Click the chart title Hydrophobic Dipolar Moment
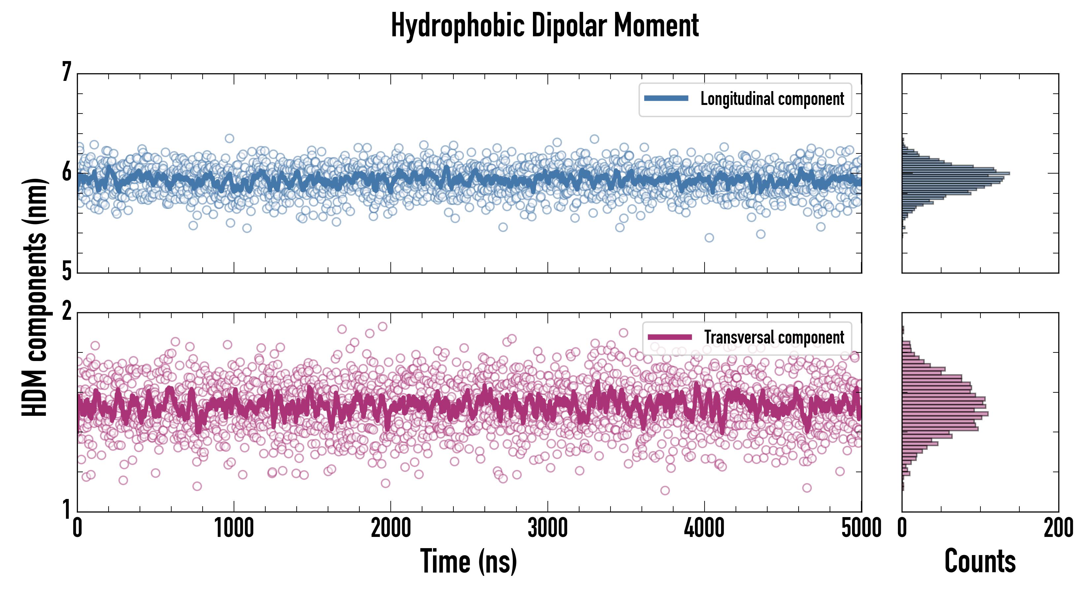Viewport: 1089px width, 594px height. [x=544, y=26]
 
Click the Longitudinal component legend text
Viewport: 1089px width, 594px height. [x=772, y=99]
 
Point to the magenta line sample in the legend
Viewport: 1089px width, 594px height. [x=670, y=337]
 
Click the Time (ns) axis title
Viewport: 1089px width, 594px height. [x=468, y=561]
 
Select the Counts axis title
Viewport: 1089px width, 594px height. [x=980, y=561]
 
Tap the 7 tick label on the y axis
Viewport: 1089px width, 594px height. [x=66, y=72]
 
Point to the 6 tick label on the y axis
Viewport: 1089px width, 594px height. [x=66, y=172]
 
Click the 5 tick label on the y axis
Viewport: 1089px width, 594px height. [x=66, y=271]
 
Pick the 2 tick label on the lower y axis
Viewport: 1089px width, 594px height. [x=66, y=312]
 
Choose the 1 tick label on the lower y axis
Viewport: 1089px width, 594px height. [x=66, y=510]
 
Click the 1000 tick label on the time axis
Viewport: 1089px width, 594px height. [x=234, y=528]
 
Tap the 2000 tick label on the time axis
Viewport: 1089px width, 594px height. [x=391, y=528]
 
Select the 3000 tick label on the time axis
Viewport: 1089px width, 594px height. [x=547, y=528]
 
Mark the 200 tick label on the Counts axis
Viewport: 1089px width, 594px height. [x=1058, y=528]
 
